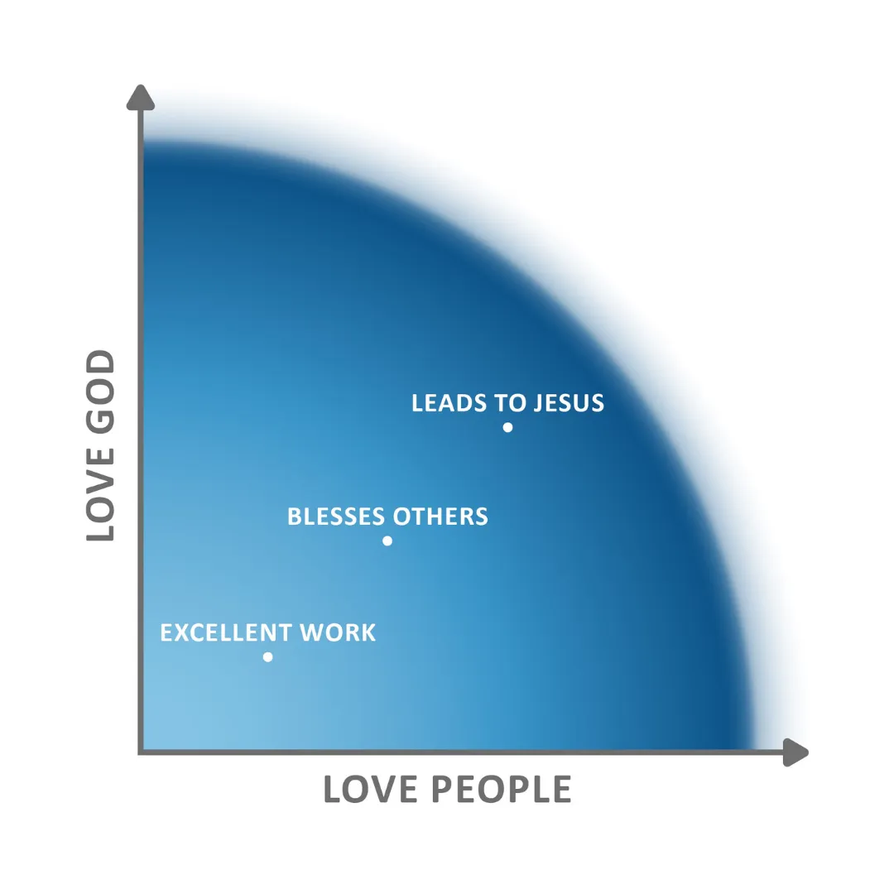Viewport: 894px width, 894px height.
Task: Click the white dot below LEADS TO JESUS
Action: tap(507, 427)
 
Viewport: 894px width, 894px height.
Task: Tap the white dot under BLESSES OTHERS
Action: tap(387, 541)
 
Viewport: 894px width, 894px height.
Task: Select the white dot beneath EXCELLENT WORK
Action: tap(267, 657)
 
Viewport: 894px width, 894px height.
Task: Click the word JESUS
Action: tap(570, 403)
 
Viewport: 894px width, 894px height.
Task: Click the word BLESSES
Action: tap(336, 517)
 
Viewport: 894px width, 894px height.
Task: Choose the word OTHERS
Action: tap(440, 517)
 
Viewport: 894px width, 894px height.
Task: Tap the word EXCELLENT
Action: tap(226, 632)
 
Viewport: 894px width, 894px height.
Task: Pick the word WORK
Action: tap(338, 632)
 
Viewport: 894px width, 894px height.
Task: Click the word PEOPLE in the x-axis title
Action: tap(502, 790)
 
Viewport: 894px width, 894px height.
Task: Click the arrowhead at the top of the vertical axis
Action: tap(142, 98)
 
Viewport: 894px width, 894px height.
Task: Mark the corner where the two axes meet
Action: tap(142, 752)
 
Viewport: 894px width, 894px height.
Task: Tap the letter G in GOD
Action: tap(100, 419)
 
